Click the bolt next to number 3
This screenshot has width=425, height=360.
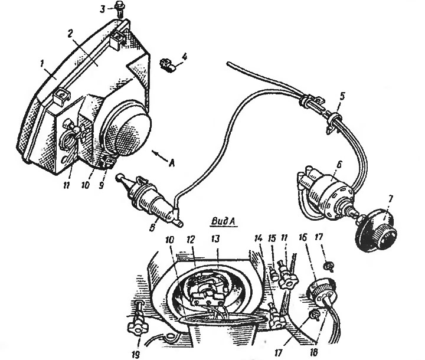pos(119,8)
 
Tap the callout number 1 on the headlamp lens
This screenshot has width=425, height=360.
pos(42,64)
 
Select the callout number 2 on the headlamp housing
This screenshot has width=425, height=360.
pos(70,34)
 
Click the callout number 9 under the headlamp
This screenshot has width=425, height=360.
pos(101,185)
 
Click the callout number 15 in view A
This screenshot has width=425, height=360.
pos(272,238)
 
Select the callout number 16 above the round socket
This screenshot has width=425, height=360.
pos(303,237)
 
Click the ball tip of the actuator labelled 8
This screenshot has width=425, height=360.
pos(118,177)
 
